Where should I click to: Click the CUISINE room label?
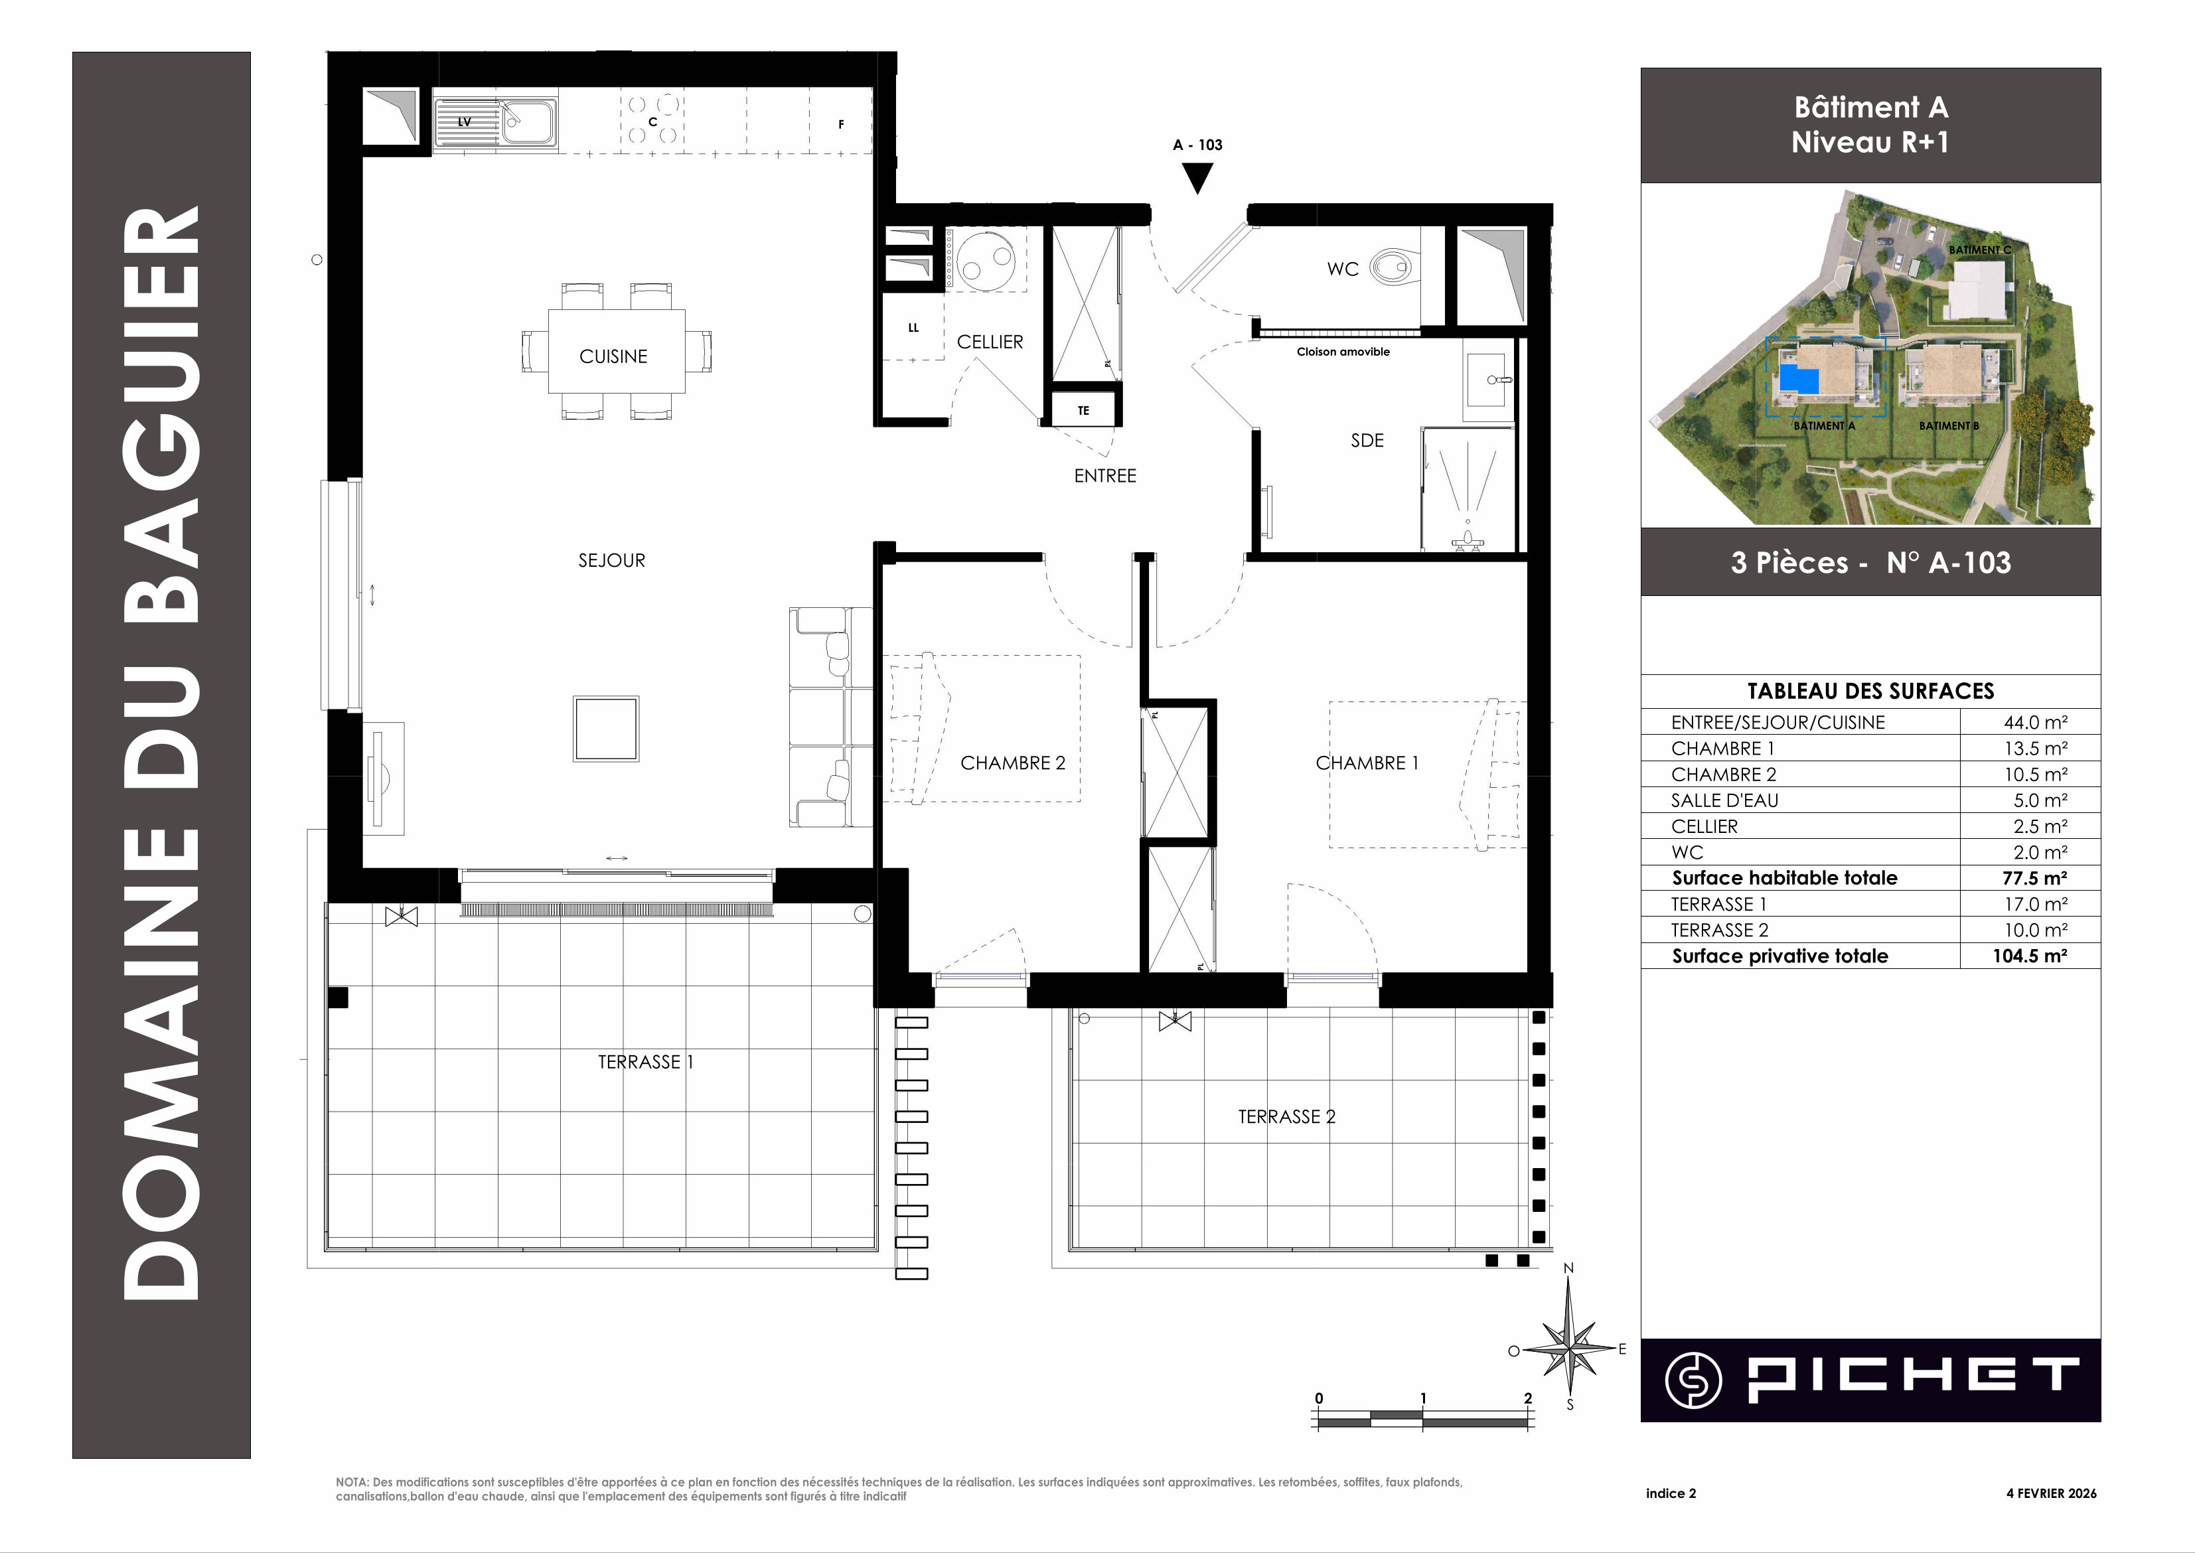(613, 356)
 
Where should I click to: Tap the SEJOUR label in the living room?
(611, 560)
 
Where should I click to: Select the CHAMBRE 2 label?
(1012, 763)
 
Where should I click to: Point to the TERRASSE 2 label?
(1286, 1117)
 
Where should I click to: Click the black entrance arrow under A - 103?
(1197, 178)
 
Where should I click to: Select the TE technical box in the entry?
(1084, 410)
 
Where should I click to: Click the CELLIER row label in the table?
(1704, 826)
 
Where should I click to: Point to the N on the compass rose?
(1568, 1268)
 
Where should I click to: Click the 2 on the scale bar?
(1527, 1398)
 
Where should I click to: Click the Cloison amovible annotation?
(1343, 352)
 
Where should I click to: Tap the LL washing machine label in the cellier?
(913, 328)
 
